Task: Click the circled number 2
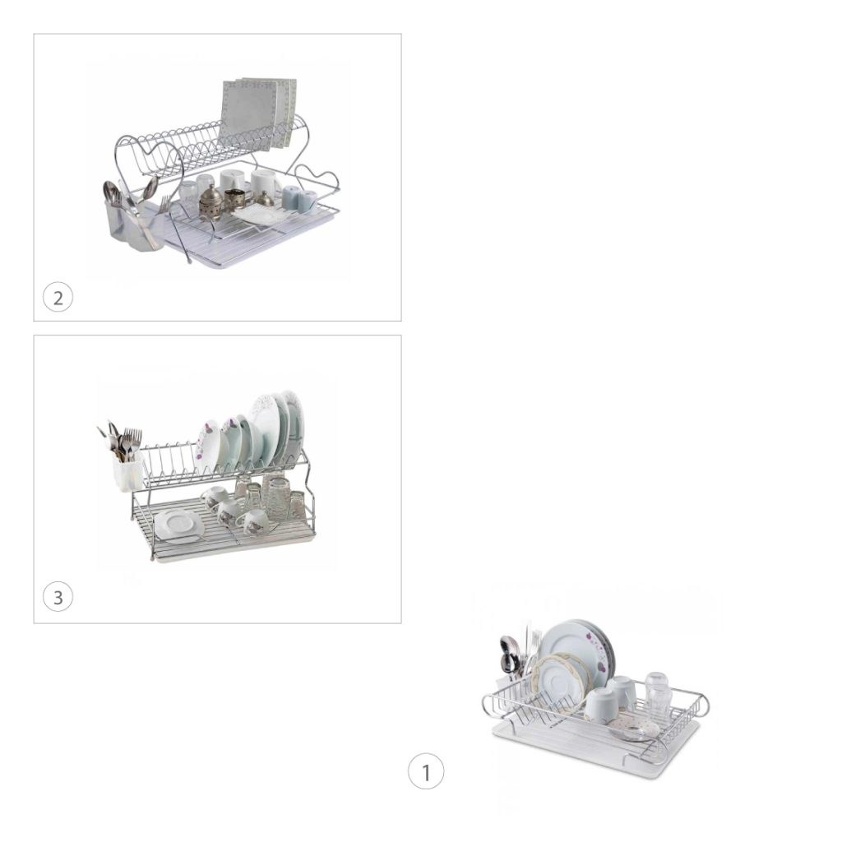[x=58, y=297]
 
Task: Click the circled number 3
[x=58, y=597]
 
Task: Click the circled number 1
[x=426, y=771]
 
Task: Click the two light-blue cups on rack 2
[x=299, y=199]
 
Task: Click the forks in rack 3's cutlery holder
[x=131, y=441]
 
